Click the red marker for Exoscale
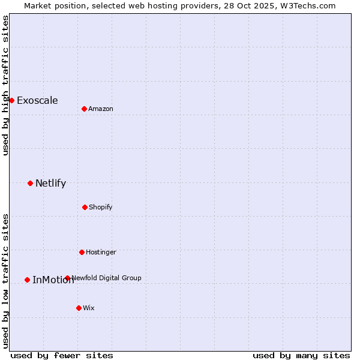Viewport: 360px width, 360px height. tap(11, 100)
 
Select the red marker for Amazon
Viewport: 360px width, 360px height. tap(84, 109)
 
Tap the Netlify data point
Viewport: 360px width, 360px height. tap(30, 183)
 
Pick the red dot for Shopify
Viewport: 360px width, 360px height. tap(85, 207)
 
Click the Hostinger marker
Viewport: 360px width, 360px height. tap(82, 252)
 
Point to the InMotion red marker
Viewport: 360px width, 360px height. tap(27, 280)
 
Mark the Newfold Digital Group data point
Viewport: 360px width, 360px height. tap(67, 278)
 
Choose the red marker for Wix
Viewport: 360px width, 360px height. tap(79, 308)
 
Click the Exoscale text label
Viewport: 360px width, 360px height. tap(37, 100)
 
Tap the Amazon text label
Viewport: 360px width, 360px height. tap(101, 109)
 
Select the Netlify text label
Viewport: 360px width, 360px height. tap(50, 183)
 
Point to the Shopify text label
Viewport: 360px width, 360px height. tap(101, 207)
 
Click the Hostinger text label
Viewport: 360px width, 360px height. tap(101, 252)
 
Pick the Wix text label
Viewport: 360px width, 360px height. tap(89, 308)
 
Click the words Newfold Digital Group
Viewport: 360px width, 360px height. tap(107, 278)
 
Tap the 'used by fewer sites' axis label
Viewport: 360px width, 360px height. tap(62, 355)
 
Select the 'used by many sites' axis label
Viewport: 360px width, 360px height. tap(301, 355)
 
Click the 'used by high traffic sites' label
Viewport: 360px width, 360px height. tap(5, 85)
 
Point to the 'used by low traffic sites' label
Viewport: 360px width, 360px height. tap(5, 281)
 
